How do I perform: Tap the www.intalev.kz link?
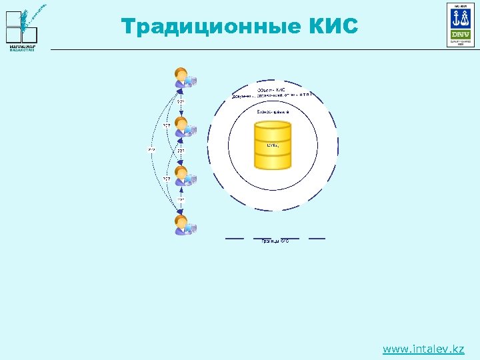pos(423,349)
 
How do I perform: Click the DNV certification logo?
pos(460,25)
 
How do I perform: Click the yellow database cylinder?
pos(273,146)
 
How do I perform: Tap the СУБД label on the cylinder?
pos(273,145)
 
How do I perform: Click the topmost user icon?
pos(183,79)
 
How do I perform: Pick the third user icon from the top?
pos(183,177)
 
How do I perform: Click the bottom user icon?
pos(183,225)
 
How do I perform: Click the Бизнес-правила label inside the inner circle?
pos(273,112)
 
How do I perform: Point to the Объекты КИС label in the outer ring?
pos(272,89)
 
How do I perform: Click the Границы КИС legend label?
pos(275,241)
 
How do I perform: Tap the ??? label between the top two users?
pos(181,101)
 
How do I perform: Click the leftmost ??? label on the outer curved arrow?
pos(151,150)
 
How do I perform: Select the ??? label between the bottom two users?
pos(181,199)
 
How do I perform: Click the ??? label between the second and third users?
pos(181,151)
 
